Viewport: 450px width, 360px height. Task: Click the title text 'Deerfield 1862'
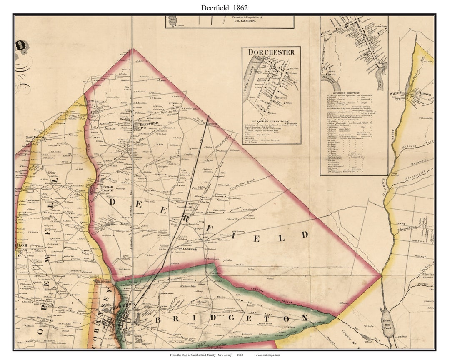225,7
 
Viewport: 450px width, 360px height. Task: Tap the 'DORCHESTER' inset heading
271,52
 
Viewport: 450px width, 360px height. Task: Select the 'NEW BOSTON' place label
35,137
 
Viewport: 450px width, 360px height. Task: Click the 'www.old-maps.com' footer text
267,355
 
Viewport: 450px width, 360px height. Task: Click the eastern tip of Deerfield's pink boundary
380,275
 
